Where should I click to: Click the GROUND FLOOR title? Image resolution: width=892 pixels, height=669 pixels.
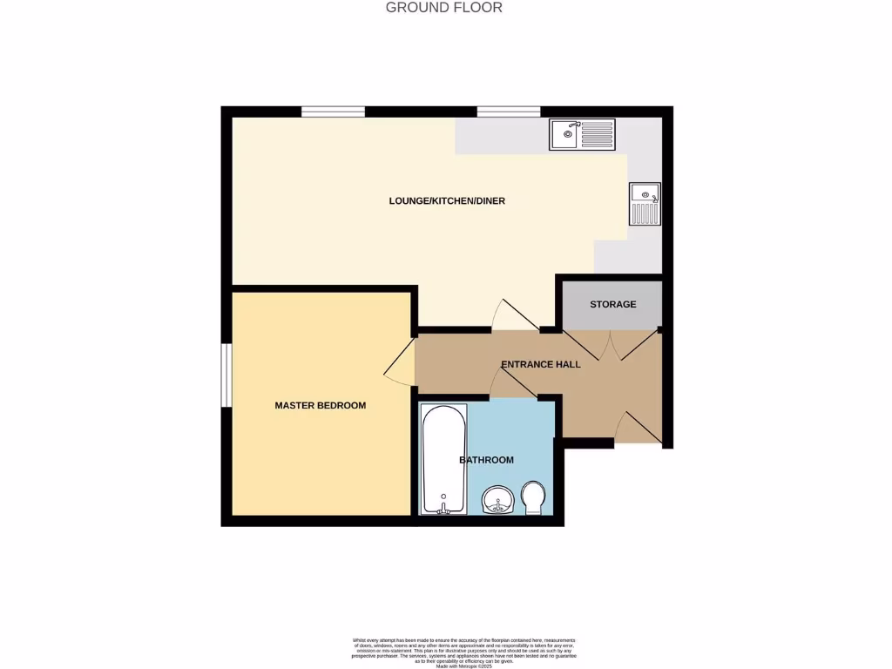(444, 8)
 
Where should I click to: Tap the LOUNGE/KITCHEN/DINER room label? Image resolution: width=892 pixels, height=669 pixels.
(447, 201)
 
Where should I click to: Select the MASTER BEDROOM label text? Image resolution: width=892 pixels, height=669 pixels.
(320, 405)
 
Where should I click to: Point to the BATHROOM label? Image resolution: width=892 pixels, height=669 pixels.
(486, 460)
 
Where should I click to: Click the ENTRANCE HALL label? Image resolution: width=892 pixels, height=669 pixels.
(540, 364)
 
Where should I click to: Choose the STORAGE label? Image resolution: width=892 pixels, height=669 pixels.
(612, 304)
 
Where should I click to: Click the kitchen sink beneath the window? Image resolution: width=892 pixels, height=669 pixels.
(582, 135)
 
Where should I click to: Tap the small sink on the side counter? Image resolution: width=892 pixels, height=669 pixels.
(645, 204)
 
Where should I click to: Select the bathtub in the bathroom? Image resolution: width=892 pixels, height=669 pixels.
(443, 459)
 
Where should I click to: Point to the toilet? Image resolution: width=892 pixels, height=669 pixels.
(533, 499)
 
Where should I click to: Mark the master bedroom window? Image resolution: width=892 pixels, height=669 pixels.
(226, 375)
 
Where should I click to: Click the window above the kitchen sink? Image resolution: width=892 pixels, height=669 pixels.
(508, 111)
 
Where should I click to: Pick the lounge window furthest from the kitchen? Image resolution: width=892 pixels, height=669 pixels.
(333, 111)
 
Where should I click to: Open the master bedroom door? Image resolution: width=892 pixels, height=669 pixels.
(401, 362)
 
